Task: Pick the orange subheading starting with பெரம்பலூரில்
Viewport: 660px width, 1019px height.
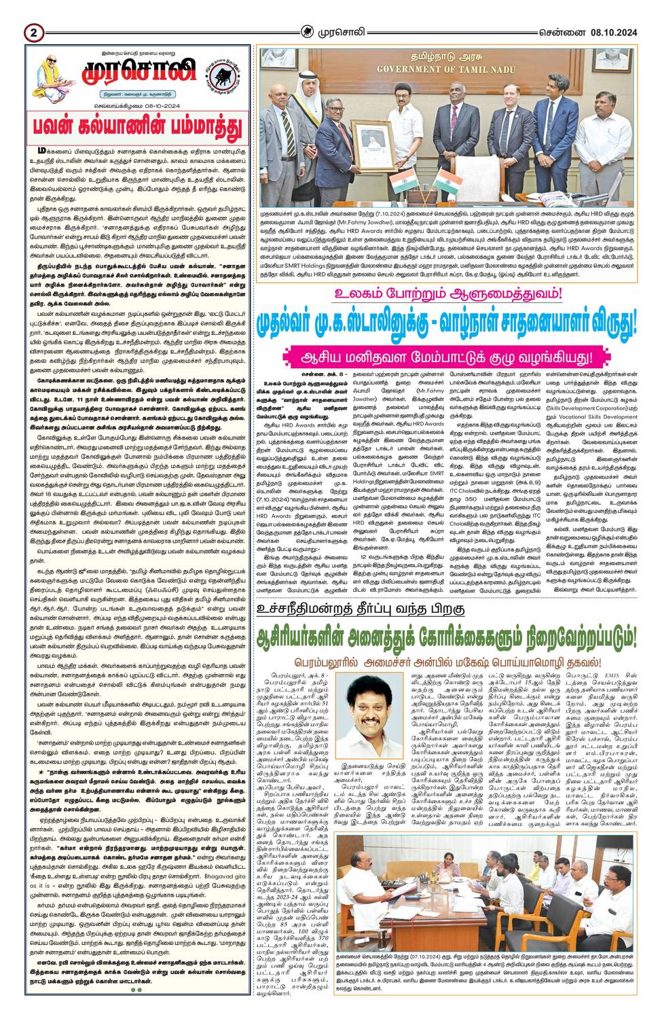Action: click(x=449, y=662)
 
